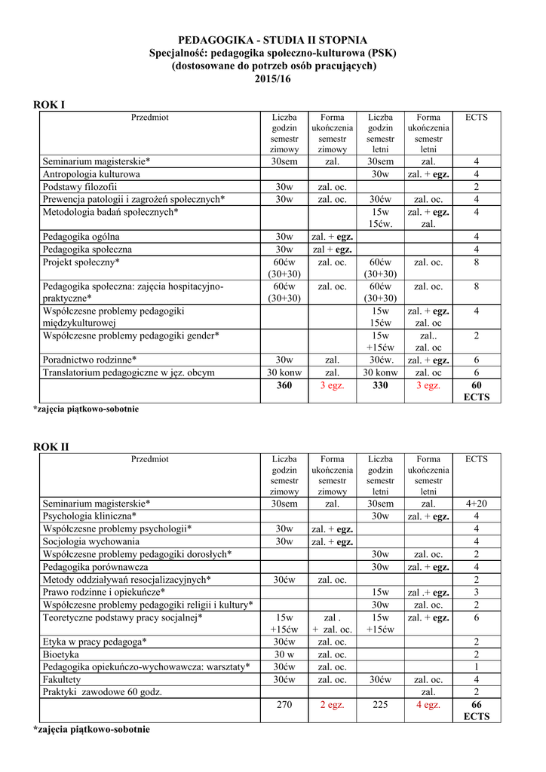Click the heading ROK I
click(49, 104)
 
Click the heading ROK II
click(51, 447)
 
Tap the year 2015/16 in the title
click(272, 79)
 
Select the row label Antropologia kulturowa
click(91, 174)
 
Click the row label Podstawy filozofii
click(80, 187)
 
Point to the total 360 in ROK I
click(284, 385)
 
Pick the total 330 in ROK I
click(380, 385)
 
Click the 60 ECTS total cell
click(476, 391)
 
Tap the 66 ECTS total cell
click(476, 710)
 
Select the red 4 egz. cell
click(428, 705)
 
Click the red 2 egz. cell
click(332, 705)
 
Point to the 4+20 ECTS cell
click(476, 504)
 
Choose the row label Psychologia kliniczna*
click(90, 516)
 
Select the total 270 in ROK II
click(284, 705)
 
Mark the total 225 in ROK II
click(380, 705)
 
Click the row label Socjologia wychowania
click(91, 541)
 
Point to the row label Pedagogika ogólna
click(81, 237)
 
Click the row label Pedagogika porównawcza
click(96, 566)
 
